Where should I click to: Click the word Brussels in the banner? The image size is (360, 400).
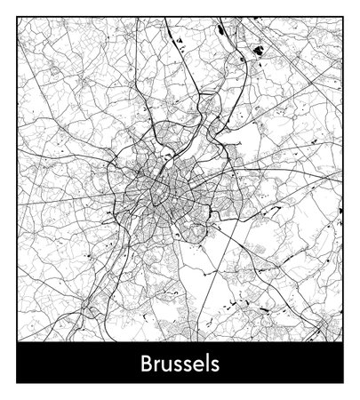[180, 364]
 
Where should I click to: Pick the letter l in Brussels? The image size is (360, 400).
[204, 364]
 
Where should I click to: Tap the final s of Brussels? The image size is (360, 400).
[213, 366]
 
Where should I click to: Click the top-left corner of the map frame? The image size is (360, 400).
[16, 16]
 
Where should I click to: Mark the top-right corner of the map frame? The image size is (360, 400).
[343, 16]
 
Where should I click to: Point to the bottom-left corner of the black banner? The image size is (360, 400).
[16, 383]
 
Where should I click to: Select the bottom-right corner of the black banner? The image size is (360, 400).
[343, 383]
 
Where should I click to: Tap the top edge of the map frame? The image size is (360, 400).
[178, 16]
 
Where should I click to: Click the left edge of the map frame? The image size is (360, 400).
[16, 178]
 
